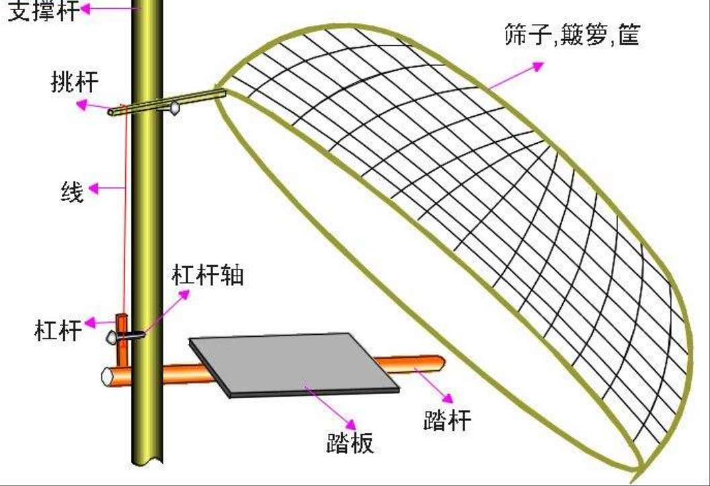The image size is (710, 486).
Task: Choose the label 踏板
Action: [x=348, y=442]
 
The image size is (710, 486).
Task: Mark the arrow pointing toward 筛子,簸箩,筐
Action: [x=518, y=75]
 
